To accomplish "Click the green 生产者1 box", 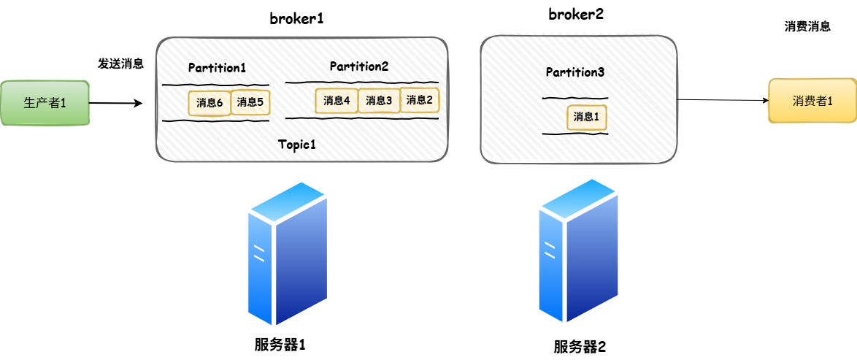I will pyautogui.click(x=45, y=103).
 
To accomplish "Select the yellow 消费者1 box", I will pyautogui.click(x=812, y=101).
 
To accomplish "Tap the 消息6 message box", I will pyautogui.click(x=210, y=103).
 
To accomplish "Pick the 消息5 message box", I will pyautogui.click(x=250, y=102).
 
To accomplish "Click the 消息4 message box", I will pyautogui.click(x=337, y=101).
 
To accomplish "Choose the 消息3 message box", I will pyautogui.click(x=379, y=101).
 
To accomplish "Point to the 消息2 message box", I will pyautogui.click(x=420, y=100).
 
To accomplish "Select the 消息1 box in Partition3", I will pyautogui.click(x=586, y=117).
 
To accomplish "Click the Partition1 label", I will pyautogui.click(x=217, y=68).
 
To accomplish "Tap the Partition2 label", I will pyautogui.click(x=358, y=66).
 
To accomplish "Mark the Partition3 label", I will pyautogui.click(x=575, y=72).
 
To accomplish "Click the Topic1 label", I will pyautogui.click(x=296, y=144).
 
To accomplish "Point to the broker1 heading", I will pyautogui.click(x=296, y=19).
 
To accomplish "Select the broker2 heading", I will pyautogui.click(x=576, y=14).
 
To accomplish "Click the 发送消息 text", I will pyautogui.click(x=120, y=64).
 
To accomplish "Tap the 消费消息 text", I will pyautogui.click(x=807, y=26).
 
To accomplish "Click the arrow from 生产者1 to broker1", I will pyautogui.click(x=115, y=104).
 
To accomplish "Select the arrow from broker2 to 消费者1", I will pyautogui.click(x=723, y=101).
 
